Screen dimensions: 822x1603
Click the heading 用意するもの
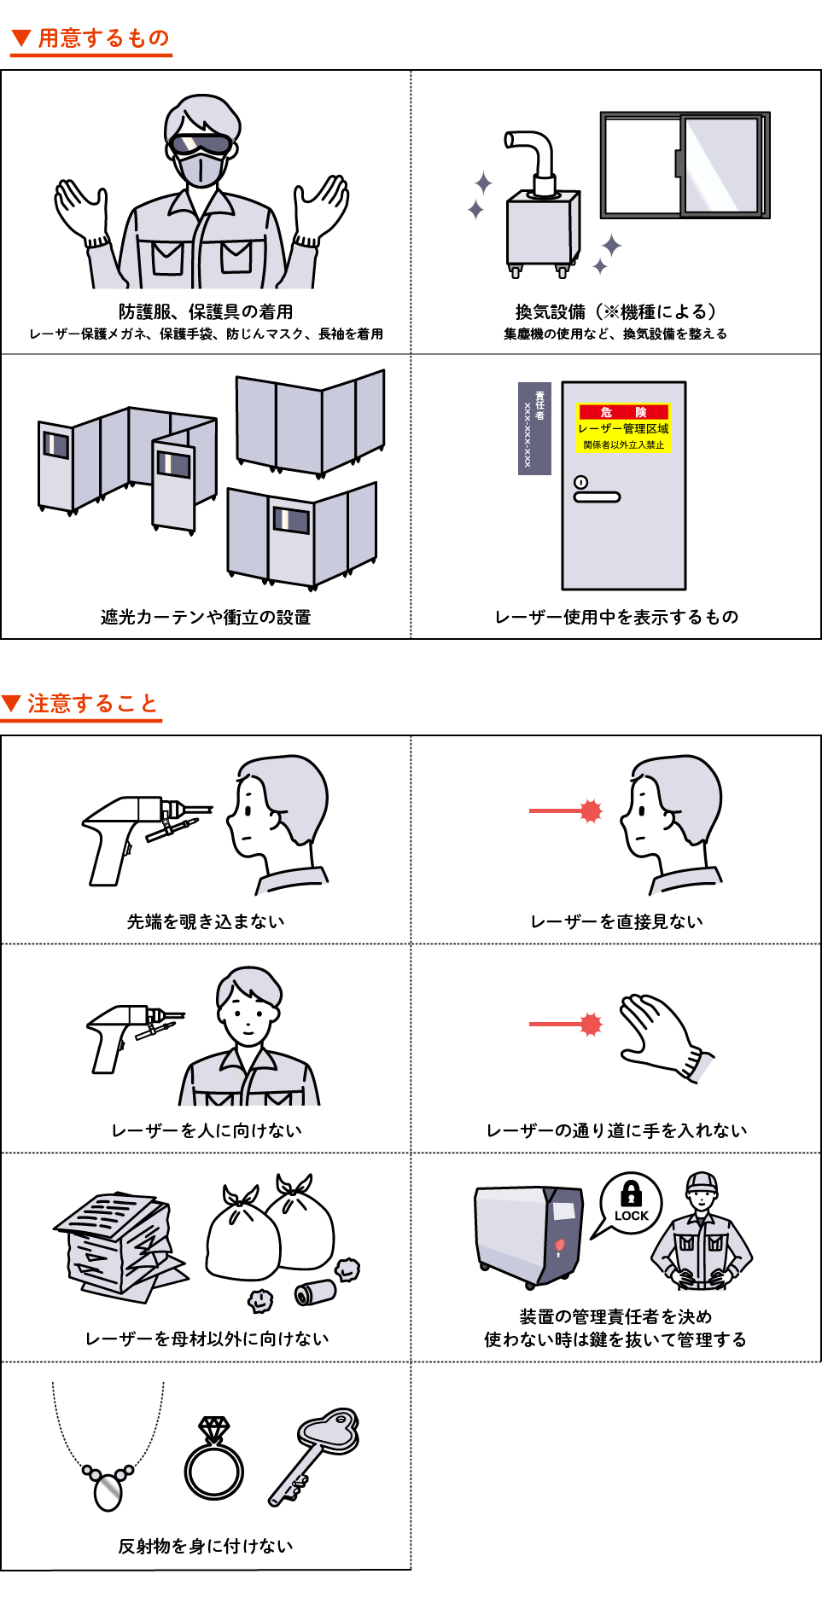point(103,38)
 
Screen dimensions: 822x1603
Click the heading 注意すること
point(93,704)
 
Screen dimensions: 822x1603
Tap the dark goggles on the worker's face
point(201,144)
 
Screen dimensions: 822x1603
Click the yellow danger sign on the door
point(623,427)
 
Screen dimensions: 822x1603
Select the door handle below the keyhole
point(597,497)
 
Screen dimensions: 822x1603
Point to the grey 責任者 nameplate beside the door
point(534,428)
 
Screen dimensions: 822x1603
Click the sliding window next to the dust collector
point(685,165)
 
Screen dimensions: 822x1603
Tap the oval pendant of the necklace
point(108,1492)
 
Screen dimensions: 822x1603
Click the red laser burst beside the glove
point(591,1024)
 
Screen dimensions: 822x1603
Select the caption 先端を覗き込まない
point(206,921)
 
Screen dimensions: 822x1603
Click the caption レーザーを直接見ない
point(616,921)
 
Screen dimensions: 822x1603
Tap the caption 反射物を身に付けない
point(206,1546)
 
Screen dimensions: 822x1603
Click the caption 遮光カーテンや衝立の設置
point(206,617)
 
